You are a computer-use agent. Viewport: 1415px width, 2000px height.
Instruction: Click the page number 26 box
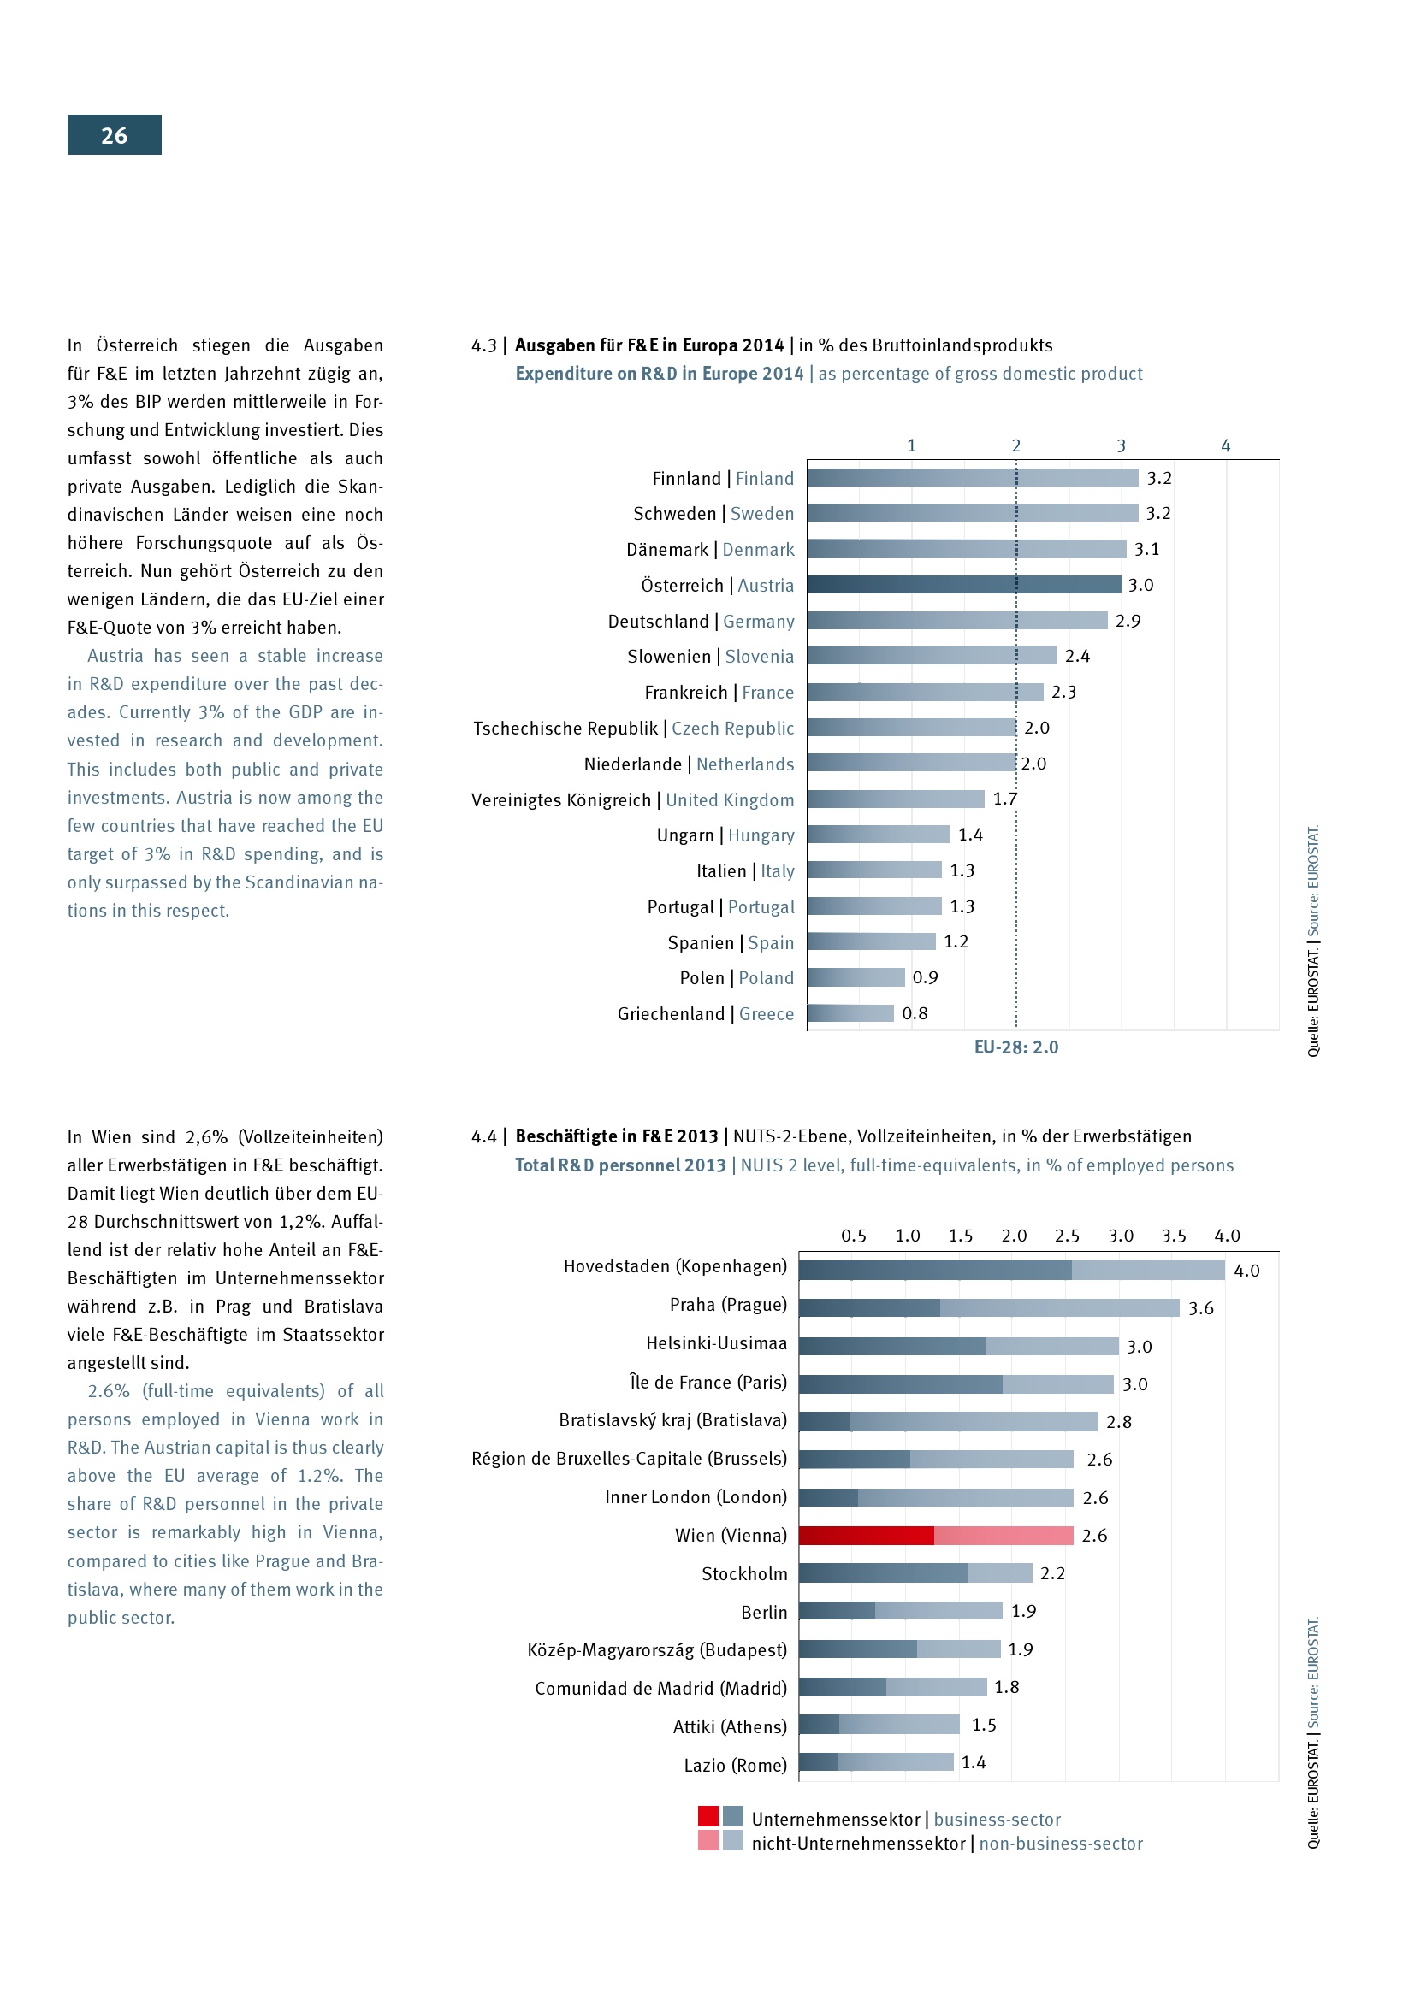click(x=114, y=135)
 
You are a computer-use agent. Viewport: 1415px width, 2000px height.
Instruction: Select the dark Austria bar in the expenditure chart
click(x=962, y=585)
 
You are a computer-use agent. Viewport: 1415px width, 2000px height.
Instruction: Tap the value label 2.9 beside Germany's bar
click(x=1128, y=621)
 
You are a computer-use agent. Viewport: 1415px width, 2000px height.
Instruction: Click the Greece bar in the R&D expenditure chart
click(x=850, y=1013)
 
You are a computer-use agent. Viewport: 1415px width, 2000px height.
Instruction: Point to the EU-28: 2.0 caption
click(x=1016, y=1047)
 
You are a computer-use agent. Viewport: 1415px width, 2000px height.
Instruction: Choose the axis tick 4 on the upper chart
click(x=1225, y=446)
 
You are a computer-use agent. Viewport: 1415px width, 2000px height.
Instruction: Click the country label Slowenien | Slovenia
click(x=710, y=657)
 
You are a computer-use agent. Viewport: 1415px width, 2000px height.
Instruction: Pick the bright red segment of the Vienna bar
click(x=866, y=1536)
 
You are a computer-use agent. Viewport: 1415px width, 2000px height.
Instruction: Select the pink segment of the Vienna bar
click(x=1003, y=1536)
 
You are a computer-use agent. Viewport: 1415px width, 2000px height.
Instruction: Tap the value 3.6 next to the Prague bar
click(x=1200, y=1308)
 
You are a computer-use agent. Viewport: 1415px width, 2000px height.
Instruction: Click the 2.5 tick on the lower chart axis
click(x=1067, y=1236)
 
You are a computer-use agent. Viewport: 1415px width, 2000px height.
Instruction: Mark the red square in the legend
click(x=707, y=1816)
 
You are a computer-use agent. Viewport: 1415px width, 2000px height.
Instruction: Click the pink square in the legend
click(x=707, y=1841)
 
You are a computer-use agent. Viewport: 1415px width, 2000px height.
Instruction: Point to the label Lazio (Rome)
click(x=735, y=1765)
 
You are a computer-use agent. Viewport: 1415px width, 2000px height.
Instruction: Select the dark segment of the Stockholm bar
click(x=882, y=1573)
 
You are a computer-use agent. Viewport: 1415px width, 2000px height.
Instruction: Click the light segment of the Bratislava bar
click(x=974, y=1422)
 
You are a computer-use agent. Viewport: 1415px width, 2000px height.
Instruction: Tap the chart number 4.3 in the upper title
click(x=483, y=345)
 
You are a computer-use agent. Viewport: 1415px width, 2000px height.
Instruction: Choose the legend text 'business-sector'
click(x=997, y=1820)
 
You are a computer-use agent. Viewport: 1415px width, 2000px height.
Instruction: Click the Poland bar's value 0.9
click(x=925, y=977)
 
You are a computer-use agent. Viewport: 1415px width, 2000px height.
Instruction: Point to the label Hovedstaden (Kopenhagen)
click(x=674, y=1266)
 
